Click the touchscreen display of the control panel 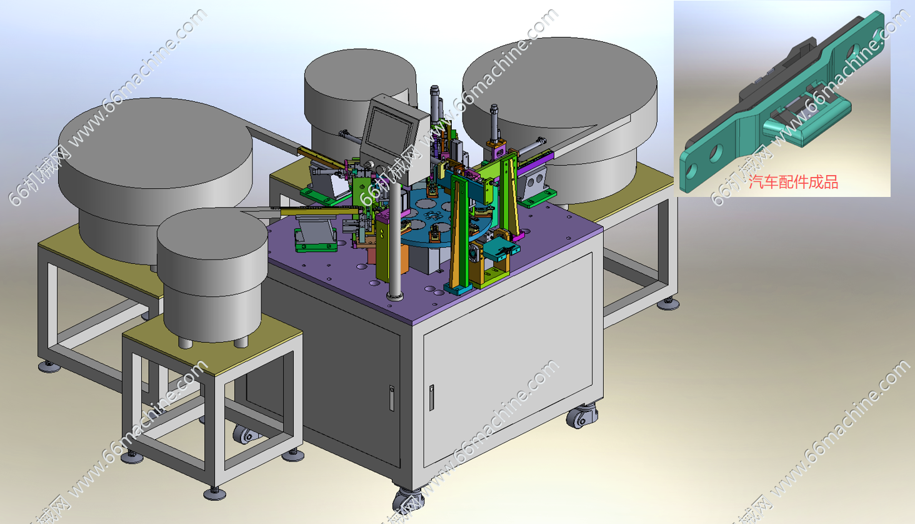point(390,131)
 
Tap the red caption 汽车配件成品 point(793,182)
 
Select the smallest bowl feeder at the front point(212,274)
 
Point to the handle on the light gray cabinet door point(431,397)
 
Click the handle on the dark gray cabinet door point(391,398)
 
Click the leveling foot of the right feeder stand point(668,303)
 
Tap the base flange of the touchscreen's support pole point(394,296)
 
